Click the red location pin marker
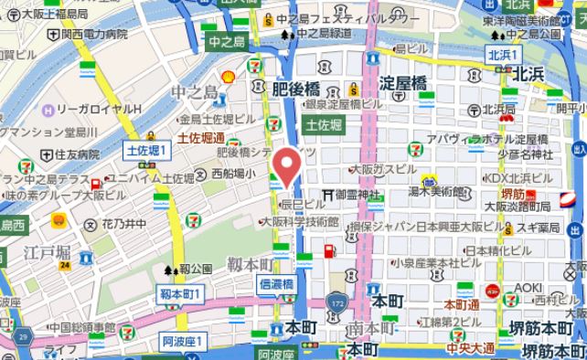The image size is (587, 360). coord(288,165)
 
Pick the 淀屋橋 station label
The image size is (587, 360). coord(402,82)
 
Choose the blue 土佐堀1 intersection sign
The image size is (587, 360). coord(143,149)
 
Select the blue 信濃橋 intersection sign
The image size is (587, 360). coord(275,284)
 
